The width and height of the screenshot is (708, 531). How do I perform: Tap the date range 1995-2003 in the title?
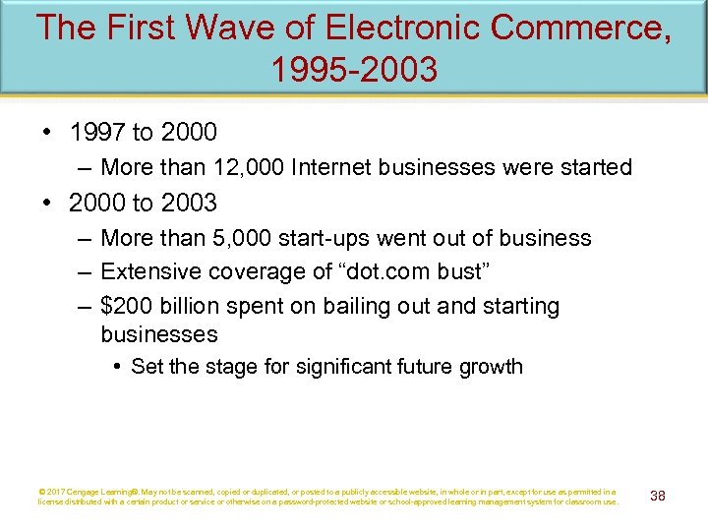[353, 71]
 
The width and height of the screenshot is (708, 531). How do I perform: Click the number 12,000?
[243, 167]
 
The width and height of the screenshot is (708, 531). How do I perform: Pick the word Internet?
[332, 167]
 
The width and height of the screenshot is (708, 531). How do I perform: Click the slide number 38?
[658, 496]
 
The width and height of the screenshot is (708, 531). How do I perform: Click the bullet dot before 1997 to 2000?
[48, 131]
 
